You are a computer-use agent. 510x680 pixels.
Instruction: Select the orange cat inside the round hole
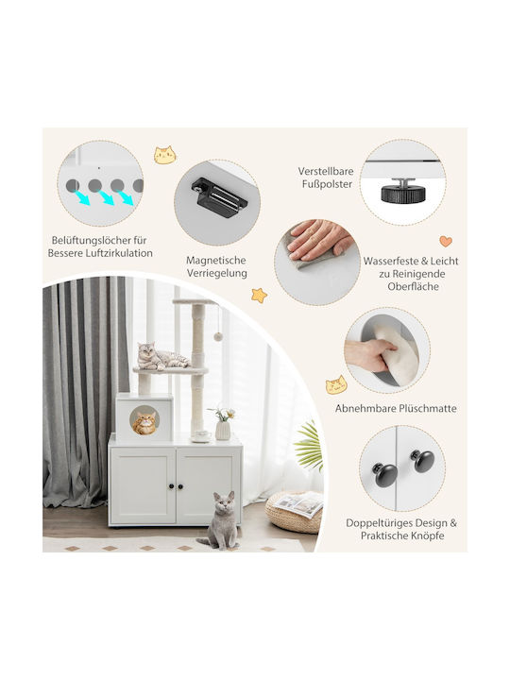144,423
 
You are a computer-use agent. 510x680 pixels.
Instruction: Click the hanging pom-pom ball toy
218,336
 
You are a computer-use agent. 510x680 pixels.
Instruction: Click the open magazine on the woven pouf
300,504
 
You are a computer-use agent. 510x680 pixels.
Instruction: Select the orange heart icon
446,241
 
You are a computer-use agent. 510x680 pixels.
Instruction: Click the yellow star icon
260,296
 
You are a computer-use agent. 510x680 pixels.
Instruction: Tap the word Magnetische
216,261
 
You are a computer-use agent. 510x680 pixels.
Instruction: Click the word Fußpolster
328,184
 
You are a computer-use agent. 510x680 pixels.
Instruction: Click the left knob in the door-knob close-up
384,474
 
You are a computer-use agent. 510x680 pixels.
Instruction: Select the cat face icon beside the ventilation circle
164,155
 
